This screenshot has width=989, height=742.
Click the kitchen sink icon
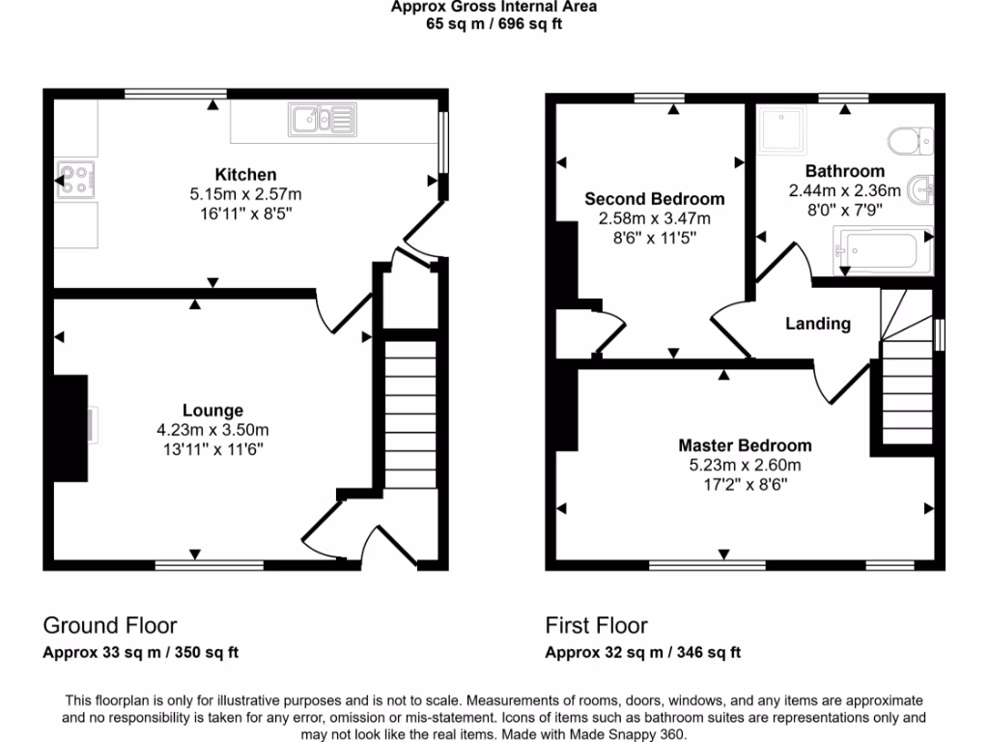click(322, 120)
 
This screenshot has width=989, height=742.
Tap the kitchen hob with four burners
click(76, 179)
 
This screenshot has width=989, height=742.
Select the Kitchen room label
click(245, 175)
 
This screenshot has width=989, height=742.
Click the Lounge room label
click(213, 411)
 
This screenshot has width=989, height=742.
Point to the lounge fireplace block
click(71, 426)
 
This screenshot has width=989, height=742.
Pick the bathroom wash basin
click(924, 188)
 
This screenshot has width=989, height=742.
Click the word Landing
click(817, 324)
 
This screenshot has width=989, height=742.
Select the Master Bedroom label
click(745, 445)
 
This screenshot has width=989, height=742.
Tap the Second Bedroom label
click(655, 199)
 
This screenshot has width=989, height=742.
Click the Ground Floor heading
click(110, 625)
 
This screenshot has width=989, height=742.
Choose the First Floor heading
click(596, 625)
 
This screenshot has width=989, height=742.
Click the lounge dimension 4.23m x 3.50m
click(213, 430)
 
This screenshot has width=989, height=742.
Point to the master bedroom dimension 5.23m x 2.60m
click(746, 465)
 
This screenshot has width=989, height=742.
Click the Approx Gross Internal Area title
click(494, 7)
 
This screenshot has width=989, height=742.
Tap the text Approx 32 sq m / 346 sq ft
click(643, 652)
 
